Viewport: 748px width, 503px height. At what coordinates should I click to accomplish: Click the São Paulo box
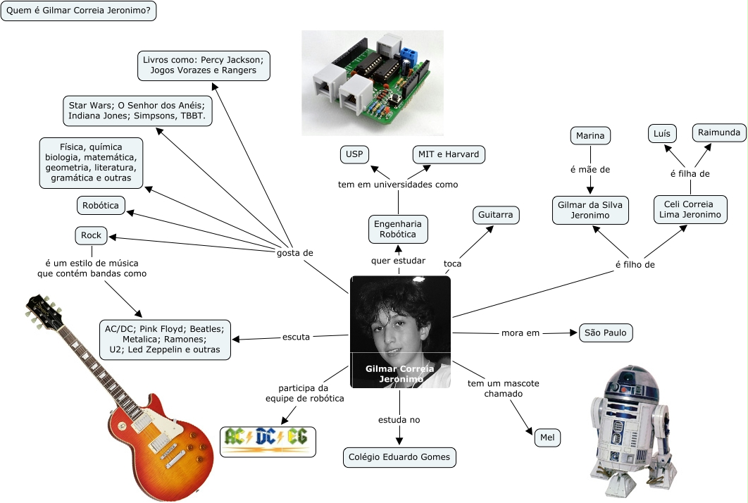[606, 333]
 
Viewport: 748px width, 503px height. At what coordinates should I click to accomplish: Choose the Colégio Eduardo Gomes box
[399, 457]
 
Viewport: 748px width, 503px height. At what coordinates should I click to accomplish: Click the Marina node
[590, 135]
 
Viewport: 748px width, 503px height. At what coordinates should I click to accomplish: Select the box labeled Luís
[662, 133]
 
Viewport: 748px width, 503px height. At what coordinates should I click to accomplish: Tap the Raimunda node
[718, 132]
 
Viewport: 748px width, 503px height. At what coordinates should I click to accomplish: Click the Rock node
[91, 235]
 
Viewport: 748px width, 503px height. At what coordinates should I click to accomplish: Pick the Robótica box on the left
[101, 206]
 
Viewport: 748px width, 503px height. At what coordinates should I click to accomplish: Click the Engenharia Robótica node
[398, 228]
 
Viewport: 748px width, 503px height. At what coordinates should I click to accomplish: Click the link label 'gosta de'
[294, 252]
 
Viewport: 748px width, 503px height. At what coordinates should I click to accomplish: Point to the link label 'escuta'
[296, 337]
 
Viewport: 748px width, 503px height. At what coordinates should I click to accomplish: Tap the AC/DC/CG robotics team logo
[268, 440]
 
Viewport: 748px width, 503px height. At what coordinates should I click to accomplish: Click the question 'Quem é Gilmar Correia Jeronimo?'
[78, 11]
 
